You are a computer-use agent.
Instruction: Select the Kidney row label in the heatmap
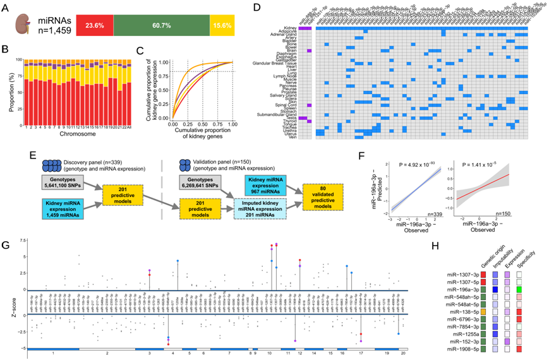pyautogui.click(x=291, y=28)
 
